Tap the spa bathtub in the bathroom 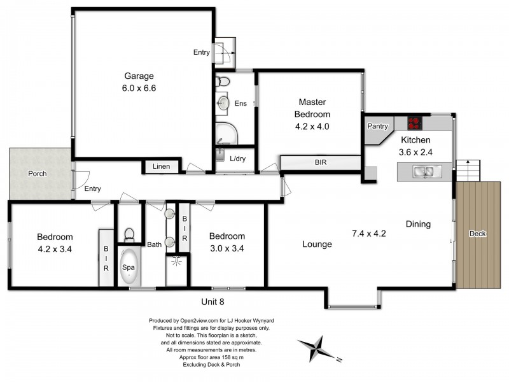click(129, 272)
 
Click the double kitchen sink click(424, 171)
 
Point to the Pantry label click(377, 127)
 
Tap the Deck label click(477, 234)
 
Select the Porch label click(37, 174)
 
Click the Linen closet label click(160, 167)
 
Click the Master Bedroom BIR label click(321, 163)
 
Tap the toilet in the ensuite click(223, 81)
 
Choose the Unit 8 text click(213, 302)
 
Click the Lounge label click(317, 244)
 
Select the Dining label click(419, 224)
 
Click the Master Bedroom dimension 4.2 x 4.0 click(311, 126)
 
